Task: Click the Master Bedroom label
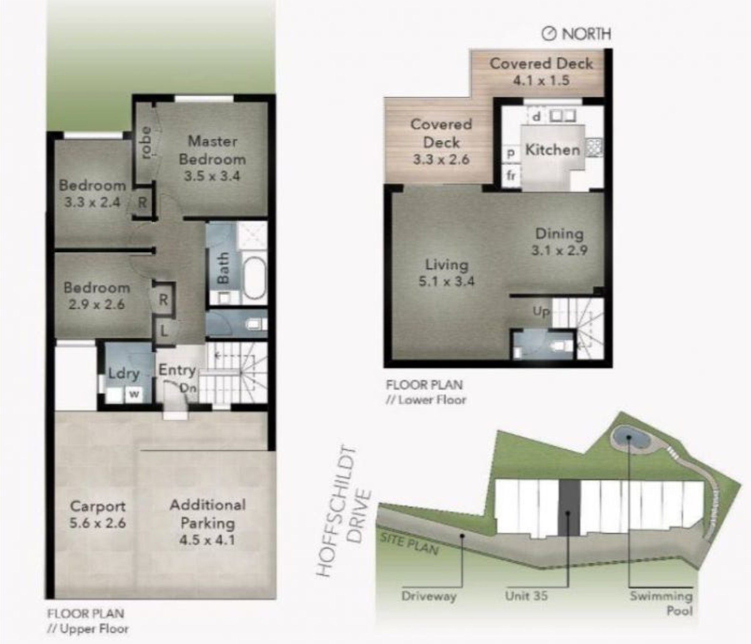(212, 150)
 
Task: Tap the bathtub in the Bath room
(255, 278)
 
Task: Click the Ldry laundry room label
(124, 373)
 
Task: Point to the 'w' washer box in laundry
(134, 394)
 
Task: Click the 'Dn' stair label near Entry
(188, 388)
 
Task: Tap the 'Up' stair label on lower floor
(541, 312)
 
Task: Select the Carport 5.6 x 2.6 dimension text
(98, 523)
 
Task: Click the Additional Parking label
(208, 514)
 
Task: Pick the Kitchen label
(553, 150)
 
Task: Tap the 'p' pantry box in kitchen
(511, 153)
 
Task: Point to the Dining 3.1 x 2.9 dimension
(559, 251)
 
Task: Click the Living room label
(447, 265)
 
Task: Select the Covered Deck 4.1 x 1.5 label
(541, 72)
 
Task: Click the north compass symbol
(549, 34)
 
